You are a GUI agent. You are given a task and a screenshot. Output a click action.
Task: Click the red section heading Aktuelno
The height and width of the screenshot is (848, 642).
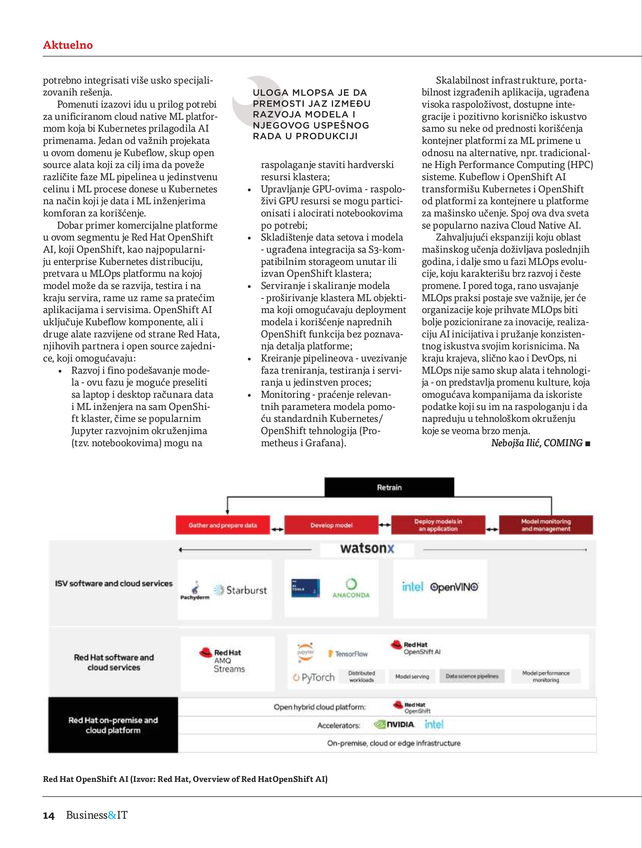click(x=68, y=45)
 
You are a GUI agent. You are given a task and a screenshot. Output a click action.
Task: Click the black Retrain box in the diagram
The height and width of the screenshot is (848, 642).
click(x=389, y=487)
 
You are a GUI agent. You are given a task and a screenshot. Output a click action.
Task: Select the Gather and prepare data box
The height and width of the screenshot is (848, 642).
click(x=223, y=525)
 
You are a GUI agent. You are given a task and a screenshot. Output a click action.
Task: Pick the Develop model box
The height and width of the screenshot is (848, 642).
click(x=331, y=525)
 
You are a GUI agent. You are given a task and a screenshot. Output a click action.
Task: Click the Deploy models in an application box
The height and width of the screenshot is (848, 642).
click(x=438, y=525)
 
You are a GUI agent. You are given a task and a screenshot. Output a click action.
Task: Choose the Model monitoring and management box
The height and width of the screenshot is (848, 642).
click(x=546, y=525)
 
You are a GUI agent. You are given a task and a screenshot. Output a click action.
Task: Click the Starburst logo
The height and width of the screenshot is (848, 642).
click(x=241, y=590)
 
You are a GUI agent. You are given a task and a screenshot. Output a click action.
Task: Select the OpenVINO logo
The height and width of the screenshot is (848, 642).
click(x=454, y=587)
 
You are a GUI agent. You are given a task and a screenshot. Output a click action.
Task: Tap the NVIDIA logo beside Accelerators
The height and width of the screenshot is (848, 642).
click(x=394, y=724)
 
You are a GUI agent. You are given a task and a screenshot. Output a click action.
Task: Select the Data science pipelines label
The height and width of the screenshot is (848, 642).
click(x=472, y=676)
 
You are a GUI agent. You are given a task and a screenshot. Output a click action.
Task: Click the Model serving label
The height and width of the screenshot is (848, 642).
click(x=412, y=677)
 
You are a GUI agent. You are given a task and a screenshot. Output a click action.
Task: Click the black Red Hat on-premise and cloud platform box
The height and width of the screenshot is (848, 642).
click(x=113, y=725)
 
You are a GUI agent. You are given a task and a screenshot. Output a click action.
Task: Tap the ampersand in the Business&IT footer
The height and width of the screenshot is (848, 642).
click(x=112, y=815)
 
